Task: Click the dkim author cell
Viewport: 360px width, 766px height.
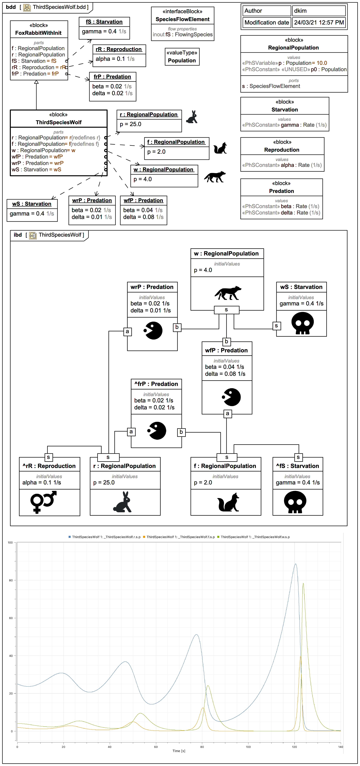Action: point(318,11)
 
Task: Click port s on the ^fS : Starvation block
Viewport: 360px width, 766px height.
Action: point(298,457)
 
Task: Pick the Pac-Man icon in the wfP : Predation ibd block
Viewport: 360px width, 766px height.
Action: point(232,397)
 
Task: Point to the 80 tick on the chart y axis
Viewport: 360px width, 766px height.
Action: point(11,580)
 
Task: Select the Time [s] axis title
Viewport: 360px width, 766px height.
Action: point(179,751)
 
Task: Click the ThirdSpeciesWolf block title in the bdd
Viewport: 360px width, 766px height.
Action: point(59,122)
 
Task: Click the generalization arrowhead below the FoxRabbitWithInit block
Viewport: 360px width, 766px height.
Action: point(36,82)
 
